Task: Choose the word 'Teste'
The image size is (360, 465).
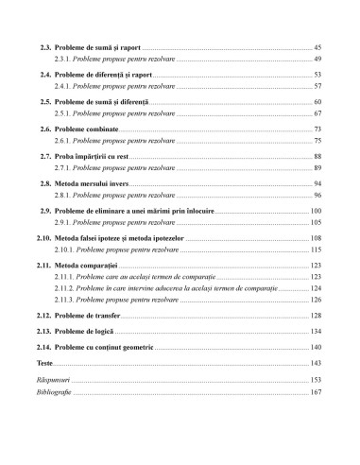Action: pos(39,363)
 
